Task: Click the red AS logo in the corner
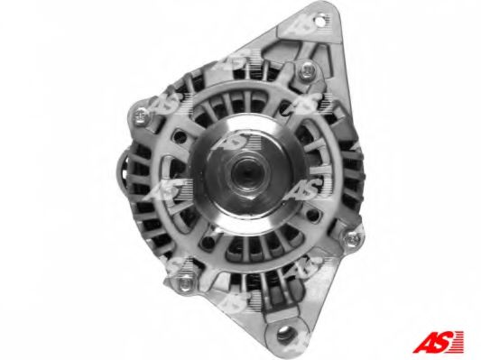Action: coord(438,342)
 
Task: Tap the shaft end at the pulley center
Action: coord(245,171)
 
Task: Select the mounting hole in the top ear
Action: coord(321,22)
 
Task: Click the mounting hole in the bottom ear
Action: coord(284,332)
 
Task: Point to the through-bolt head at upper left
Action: coord(141,115)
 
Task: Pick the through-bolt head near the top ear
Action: coord(307,71)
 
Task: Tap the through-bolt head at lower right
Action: coord(353,238)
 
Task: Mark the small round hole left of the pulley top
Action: coord(180,137)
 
